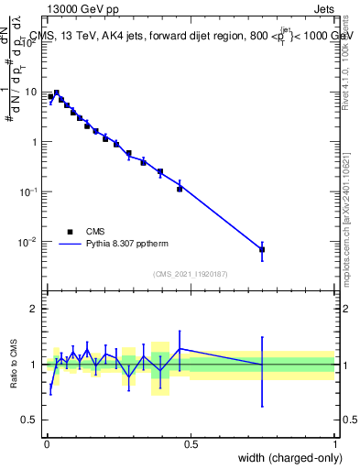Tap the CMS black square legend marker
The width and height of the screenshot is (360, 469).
70,232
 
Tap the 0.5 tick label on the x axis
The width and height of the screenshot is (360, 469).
191,444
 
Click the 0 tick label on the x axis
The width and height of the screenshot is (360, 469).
46,444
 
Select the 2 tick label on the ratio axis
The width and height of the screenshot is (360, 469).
34,309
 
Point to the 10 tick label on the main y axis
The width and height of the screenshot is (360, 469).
31,93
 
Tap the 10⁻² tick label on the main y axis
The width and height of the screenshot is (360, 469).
29,242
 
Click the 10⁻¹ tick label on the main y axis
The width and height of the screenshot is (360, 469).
29,192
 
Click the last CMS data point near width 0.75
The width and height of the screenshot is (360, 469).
262,249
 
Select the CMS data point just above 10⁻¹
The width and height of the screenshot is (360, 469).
180,189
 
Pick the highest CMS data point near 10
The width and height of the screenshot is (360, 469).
57,93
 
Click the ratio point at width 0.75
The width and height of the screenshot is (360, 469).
262,365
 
